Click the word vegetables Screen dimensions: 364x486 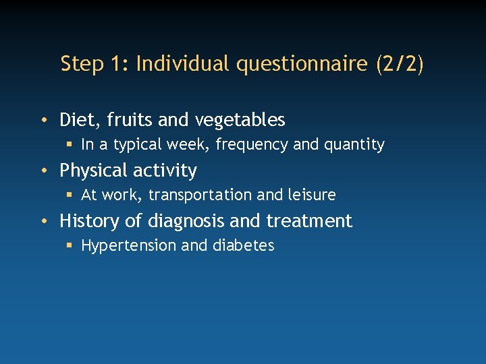240,120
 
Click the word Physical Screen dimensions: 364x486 92,171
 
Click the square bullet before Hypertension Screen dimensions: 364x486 70,245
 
